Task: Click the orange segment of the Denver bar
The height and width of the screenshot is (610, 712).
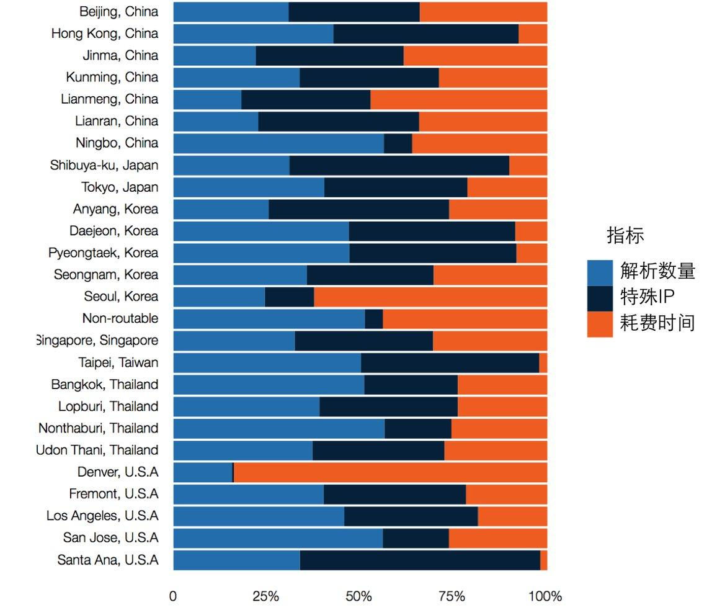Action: click(x=390, y=472)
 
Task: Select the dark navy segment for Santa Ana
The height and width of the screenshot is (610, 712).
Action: click(x=420, y=560)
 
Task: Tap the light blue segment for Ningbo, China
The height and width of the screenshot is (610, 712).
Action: click(x=278, y=143)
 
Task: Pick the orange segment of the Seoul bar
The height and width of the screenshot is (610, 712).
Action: click(x=430, y=297)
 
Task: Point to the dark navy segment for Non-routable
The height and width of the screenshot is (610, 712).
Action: click(x=373, y=319)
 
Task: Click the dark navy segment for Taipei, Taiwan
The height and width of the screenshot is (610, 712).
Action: click(x=450, y=363)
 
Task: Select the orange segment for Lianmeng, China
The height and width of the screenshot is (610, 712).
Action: click(x=458, y=99)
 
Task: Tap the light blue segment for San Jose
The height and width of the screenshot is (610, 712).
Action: click(x=278, y=538)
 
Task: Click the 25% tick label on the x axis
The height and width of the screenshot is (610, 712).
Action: click(x=265, y=597)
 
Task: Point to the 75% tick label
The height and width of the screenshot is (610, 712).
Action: click(x=452, y=597)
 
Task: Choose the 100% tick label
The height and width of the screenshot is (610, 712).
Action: click(x=545, y=597)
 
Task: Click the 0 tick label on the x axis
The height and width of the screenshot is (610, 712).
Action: click(x=173, y=597)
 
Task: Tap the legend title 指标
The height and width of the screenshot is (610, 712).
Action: click(x=625, y=236)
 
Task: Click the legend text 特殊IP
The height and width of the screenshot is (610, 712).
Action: click(x=647, y=297)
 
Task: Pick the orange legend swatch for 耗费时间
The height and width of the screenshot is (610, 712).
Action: click(x=600, y=324)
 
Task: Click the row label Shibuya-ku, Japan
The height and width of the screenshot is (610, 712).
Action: click(x=104, y=166)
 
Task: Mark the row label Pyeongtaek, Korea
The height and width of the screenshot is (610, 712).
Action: click(x=103, y=253)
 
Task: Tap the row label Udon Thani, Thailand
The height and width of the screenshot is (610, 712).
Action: click(x=98, y=451)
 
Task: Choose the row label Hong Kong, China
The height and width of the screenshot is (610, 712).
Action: click(x=105, y=34)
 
